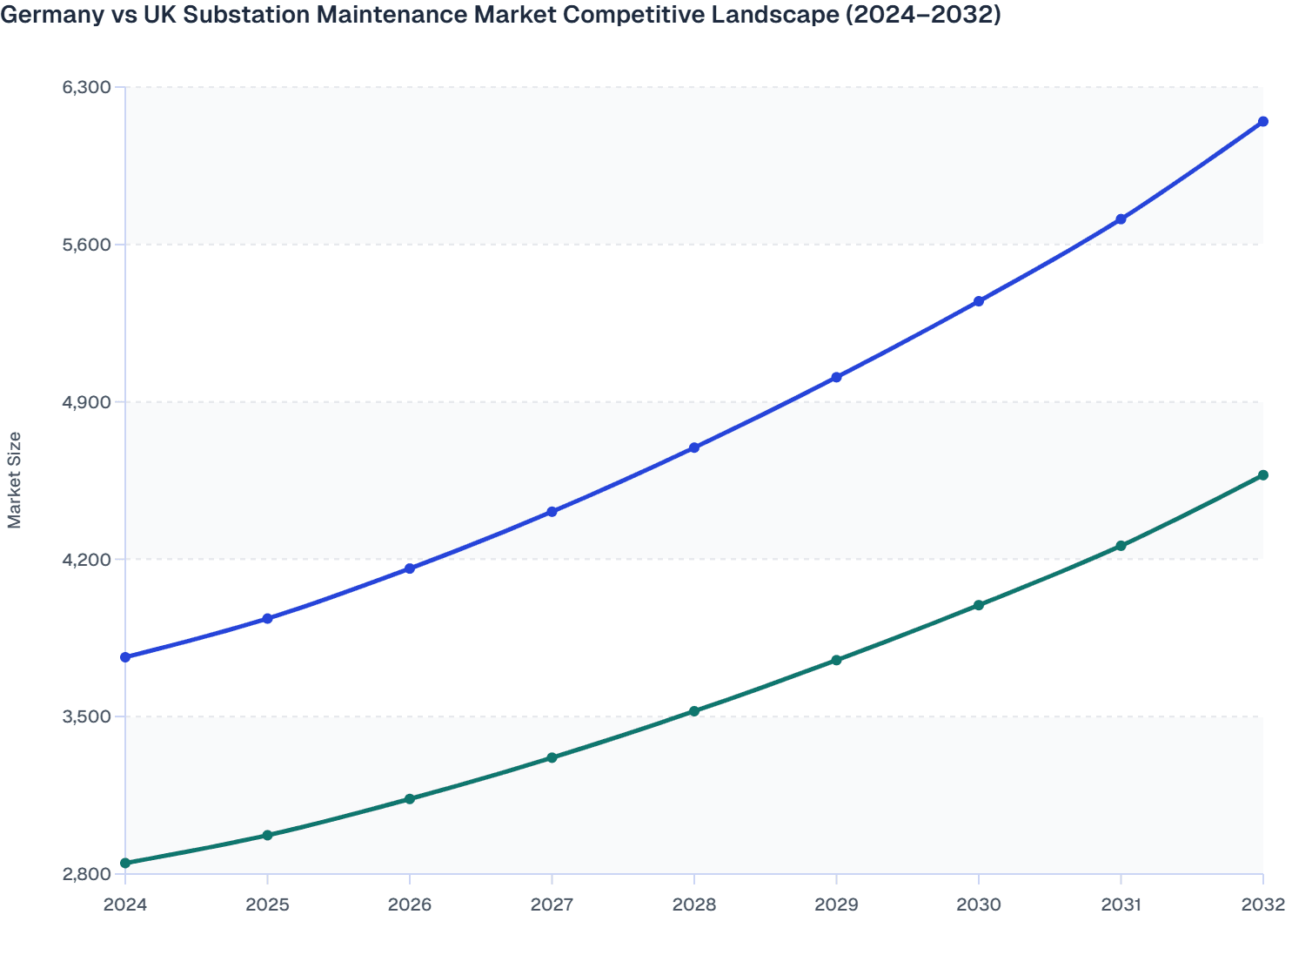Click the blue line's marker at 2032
click(1262, 122)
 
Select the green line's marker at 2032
click(1262, 475)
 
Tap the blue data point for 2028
click(694, 447)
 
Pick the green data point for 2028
click(694, 711)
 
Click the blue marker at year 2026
click(410, 568)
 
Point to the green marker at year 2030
click(978, 605)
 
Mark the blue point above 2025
click(268, 619)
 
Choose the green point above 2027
click(552, 757)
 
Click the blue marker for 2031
click(1121, 219)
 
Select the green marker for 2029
click(836, 661)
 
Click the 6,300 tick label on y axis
click(86, 87)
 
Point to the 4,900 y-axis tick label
click(86, 402)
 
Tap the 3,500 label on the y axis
click(86, 716)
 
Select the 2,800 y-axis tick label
click(86, 874)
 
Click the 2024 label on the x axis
click(125, 904)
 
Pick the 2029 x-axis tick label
click(836, 904)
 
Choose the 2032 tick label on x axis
click(1262, 904)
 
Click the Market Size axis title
click(15, 480)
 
